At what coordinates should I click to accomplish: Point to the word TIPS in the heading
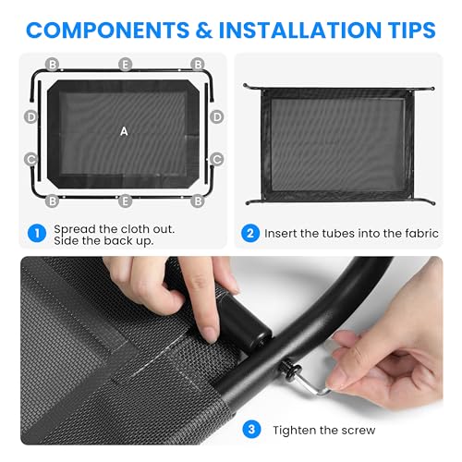407,30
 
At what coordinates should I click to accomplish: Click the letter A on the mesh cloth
124,131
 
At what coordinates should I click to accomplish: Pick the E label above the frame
125,65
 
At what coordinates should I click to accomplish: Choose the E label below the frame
125,200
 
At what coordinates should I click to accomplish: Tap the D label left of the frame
31,117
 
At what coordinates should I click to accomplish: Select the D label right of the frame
217,117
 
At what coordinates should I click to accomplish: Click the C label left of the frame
31,159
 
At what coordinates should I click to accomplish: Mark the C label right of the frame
217,159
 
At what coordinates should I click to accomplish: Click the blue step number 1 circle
36,233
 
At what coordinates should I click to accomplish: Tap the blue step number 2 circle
249,233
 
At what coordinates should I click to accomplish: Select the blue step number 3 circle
250,430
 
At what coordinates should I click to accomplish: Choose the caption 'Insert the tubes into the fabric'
352,234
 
